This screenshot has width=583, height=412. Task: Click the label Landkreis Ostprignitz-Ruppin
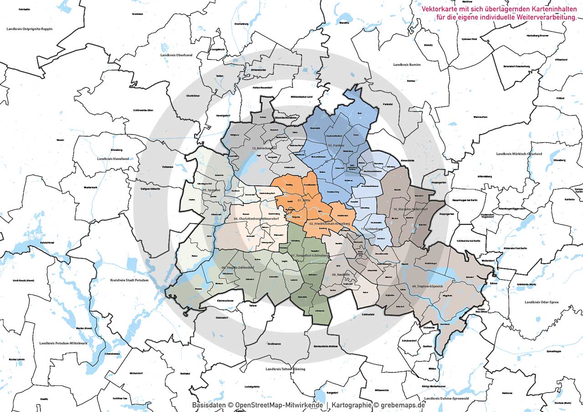30,29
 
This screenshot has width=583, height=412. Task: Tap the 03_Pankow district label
335,145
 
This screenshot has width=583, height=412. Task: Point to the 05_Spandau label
212,189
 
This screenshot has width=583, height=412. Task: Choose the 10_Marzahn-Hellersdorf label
410,209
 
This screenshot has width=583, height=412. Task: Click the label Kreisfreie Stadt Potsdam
130,280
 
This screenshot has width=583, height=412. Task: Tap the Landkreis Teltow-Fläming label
286,369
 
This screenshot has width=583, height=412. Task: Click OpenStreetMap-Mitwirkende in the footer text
279,405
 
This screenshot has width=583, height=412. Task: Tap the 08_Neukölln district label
340,275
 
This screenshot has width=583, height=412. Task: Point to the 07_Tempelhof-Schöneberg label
312,256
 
